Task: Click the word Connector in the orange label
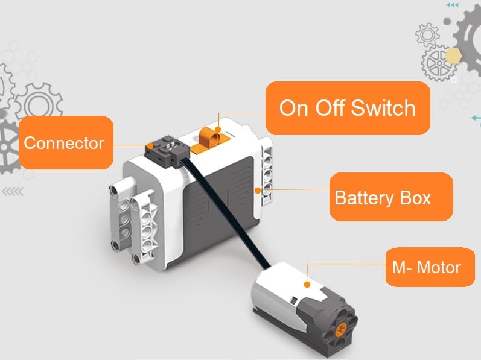point(63,144)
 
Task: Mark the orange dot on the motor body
point(307,283)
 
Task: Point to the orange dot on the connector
point(148,145)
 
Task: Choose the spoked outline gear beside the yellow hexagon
point(435,63)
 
